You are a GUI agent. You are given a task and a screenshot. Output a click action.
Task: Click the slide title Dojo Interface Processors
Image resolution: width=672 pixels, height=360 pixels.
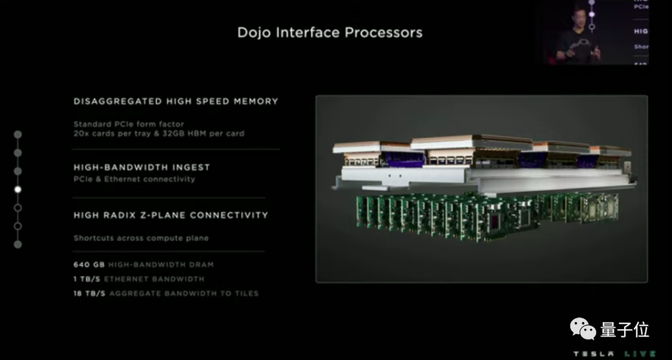(330, 32)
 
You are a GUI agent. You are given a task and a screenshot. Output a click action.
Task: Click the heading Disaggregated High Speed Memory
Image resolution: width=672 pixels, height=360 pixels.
(175, 101)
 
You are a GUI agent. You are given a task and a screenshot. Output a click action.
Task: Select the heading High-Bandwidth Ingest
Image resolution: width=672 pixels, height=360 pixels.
(141, 167)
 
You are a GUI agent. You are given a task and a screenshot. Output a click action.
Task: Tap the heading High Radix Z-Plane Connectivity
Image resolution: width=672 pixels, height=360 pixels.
(170, 215)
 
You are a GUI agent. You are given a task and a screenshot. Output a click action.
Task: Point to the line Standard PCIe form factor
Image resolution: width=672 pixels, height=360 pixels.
(128, 124)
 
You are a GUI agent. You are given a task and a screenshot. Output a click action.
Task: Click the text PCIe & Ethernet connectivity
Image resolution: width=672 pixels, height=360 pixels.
(134, 179)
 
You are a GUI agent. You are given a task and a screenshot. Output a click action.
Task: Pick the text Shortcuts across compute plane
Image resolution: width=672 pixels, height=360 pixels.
(141, 238)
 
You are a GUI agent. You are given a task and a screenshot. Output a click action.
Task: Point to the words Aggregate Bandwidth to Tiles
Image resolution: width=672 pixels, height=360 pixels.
(184, 293)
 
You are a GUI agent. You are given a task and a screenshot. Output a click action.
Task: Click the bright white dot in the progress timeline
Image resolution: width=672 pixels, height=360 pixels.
(18, 190)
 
